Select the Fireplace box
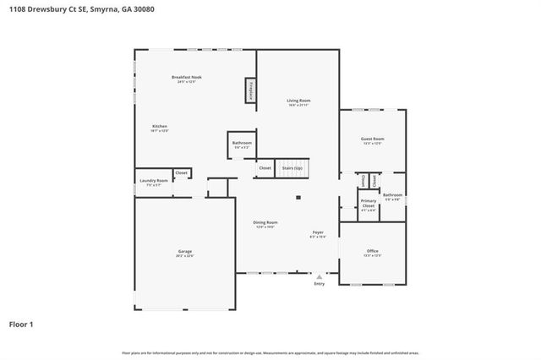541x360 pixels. [x=251, y=90]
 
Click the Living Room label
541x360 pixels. [x=299, y=101]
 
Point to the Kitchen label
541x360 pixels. [x=160, y=127]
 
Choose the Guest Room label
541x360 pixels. [x=373, y=139]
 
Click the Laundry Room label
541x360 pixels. [x=154, y=181]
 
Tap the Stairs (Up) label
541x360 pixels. [x=292, y=168]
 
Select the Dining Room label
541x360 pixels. [x=266, y=223]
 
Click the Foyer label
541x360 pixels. [x=318, y=232]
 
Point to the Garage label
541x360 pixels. [x=184, y=252]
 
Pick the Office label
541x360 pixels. [x=373, y=251]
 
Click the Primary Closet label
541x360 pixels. [x=369, y=204]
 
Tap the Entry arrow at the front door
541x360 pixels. [x=319, y=275]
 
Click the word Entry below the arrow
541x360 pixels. [x=319, y=284]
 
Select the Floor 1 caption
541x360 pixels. [x=21, y=324]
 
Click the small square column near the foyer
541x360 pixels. [x=298, y=199]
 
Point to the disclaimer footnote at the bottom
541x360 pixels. [x=270, y=352]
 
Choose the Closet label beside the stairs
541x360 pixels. [x=265, y=168]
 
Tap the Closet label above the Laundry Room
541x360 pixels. [x=182, y=173]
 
